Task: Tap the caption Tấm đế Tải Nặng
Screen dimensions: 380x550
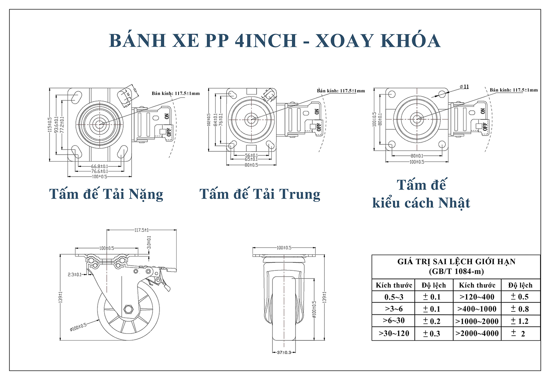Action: click(106, 194)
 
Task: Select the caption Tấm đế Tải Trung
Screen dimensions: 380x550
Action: click(260, 194)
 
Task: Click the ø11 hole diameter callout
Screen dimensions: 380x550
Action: click(464, 87)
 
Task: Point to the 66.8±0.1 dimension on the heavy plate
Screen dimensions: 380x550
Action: click(99, 166)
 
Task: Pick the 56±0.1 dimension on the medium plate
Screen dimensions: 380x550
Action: click(251, 155)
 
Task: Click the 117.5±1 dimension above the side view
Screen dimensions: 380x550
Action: click(142, 230)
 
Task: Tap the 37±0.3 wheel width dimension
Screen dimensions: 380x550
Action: click(284, 353)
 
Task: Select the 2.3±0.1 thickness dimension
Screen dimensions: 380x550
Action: click(74, 274)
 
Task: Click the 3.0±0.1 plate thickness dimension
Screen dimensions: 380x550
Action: click(149, 243)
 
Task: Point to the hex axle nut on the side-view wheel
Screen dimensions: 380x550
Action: click(128, 309)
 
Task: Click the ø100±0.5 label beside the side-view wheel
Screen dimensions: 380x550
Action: click(78, 327)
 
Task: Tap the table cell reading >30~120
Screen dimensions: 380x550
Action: click(394, 333)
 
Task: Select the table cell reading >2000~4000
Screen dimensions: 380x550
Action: click(477, 333)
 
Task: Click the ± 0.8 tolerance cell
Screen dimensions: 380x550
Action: click(520, 309)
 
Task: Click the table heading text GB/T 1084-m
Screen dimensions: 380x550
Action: click(456, 272)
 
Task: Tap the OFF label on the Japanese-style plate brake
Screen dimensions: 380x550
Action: click(485, 126)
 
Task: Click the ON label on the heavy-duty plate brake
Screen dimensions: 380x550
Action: click(167, 116)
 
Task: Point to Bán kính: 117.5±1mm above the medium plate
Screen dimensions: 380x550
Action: click(341, 91)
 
